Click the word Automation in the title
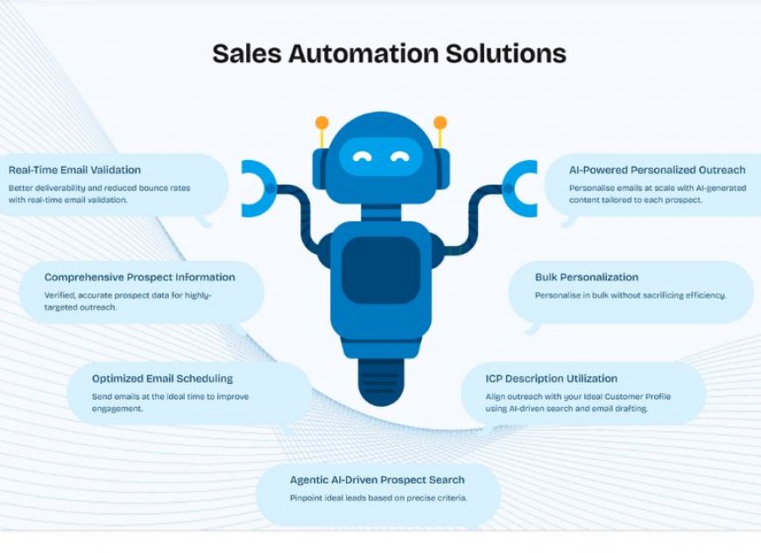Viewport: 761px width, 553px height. (x=364, y=53)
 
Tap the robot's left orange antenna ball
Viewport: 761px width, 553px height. (x=321, y=122)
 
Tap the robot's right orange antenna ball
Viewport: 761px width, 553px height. (x=440, y=122)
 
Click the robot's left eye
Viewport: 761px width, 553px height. (x=362, y=157)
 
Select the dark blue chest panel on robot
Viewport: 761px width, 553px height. (x=381, y=269)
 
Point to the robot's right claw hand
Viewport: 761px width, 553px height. (x=520, y=188)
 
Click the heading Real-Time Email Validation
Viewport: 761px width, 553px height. (x=74, y=170)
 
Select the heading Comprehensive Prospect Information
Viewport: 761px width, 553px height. (x=140, y=277)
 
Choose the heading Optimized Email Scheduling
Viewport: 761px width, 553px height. (x=163, y=378)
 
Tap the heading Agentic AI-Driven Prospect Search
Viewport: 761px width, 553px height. (x=377, y=479)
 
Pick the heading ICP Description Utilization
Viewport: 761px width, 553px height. (x=552, y=378)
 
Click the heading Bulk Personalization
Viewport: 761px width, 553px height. (x=587, y=277)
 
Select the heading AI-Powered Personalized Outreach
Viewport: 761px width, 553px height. (x=657, y=170)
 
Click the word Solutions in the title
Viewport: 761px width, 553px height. (x=506, y=53)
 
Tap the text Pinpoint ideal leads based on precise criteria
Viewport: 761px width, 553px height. (x=378, y=498)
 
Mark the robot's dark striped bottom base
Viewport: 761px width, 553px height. (x=381, y=381)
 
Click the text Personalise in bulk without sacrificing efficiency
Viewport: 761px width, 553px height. (x=631, y=295)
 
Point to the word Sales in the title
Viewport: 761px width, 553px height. (x=247, y=53)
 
